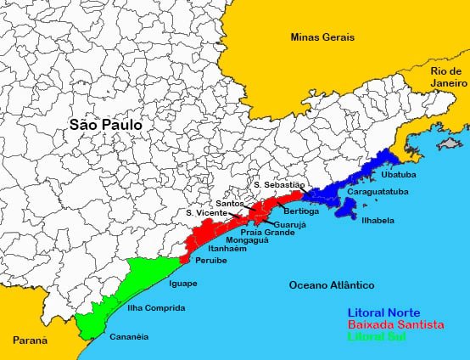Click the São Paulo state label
(x=105, y=125)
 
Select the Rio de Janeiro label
(x=448, y=77)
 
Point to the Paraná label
(x=30, y=340)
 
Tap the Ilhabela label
(x=378, y=220)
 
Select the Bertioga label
(x=301, y=211)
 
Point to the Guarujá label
(x=288, y=224)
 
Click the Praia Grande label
(x=267, y=232)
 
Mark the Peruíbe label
(x=211, y=262)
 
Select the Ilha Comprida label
(x=149, y=308)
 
